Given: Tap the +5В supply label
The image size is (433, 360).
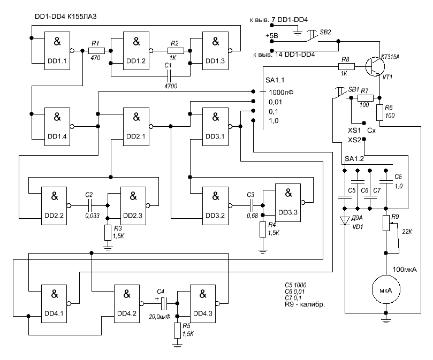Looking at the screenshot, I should click(x=272, y=36).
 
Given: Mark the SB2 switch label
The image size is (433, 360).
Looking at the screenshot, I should click(x=325, y=33).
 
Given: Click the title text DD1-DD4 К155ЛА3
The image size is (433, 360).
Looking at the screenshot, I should click(x=65, y=17).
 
